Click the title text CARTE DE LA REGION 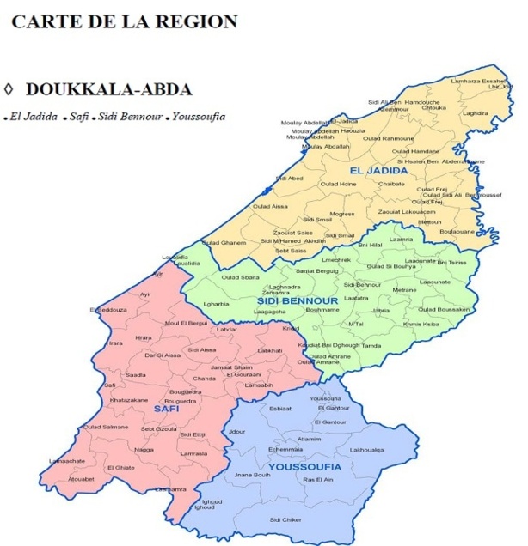click(x=124, y=21)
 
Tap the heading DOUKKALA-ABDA click(x=108, y=90)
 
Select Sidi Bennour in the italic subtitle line click(x=131, y=117)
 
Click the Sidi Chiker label click(x=285, y=519)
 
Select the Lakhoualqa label click(x=366, y=450)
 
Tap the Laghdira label click(x=475, y=113)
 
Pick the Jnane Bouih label click(x=253, y=475)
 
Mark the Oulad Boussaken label click(x=444, y=309)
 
